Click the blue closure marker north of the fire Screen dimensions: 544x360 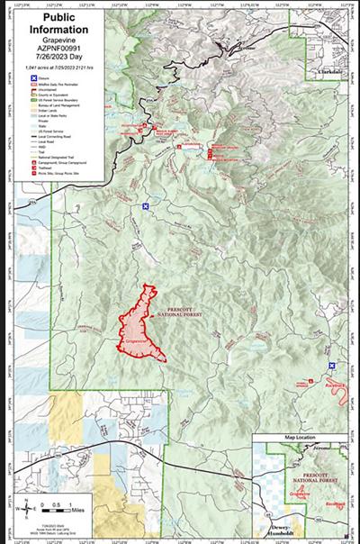tap(145, 206)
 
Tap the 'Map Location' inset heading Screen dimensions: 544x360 tap(302, 438)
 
